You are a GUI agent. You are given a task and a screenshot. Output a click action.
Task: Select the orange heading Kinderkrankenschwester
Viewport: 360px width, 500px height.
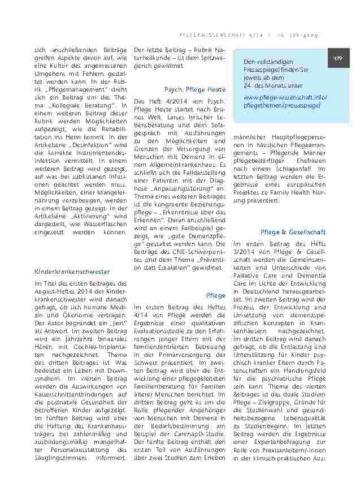click(72, 271)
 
